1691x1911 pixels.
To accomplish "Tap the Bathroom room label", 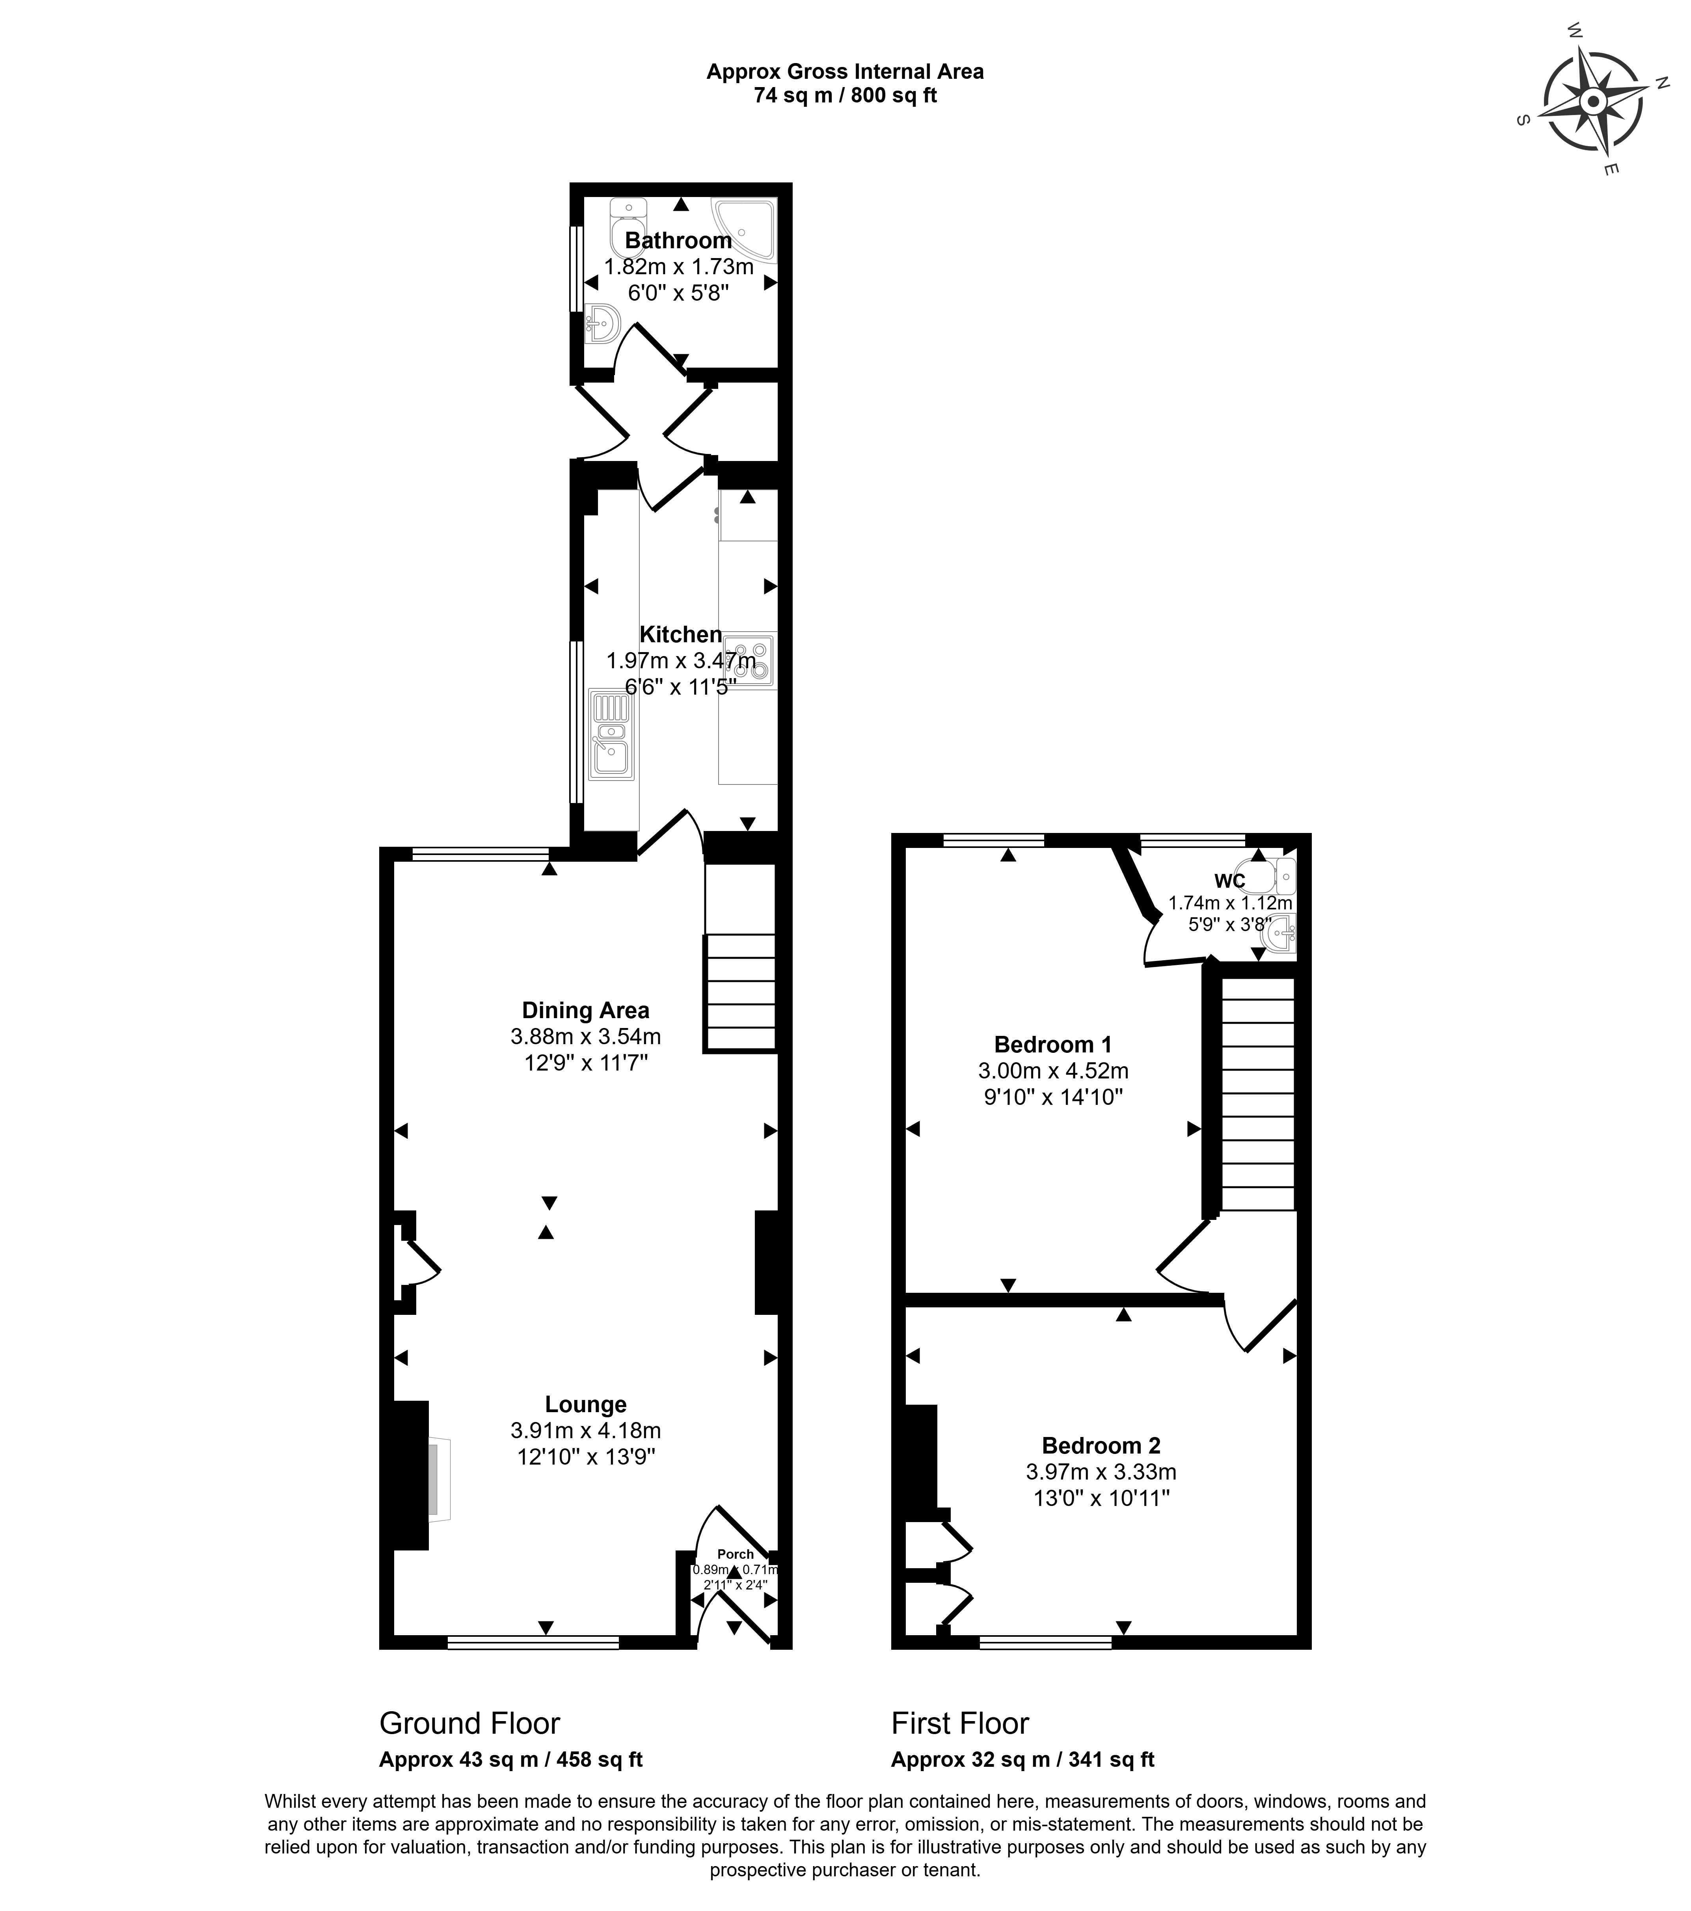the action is tap(678, 240).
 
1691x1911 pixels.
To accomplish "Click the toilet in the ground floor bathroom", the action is tap(628, 227).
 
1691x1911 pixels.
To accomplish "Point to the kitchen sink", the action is tap(612, 734).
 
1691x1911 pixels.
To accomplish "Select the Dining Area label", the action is tap(585, 1010).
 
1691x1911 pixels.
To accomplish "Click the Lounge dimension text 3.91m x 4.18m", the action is tap(585, 1430).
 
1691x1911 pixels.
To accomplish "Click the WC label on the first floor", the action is tap(1229, 881).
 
